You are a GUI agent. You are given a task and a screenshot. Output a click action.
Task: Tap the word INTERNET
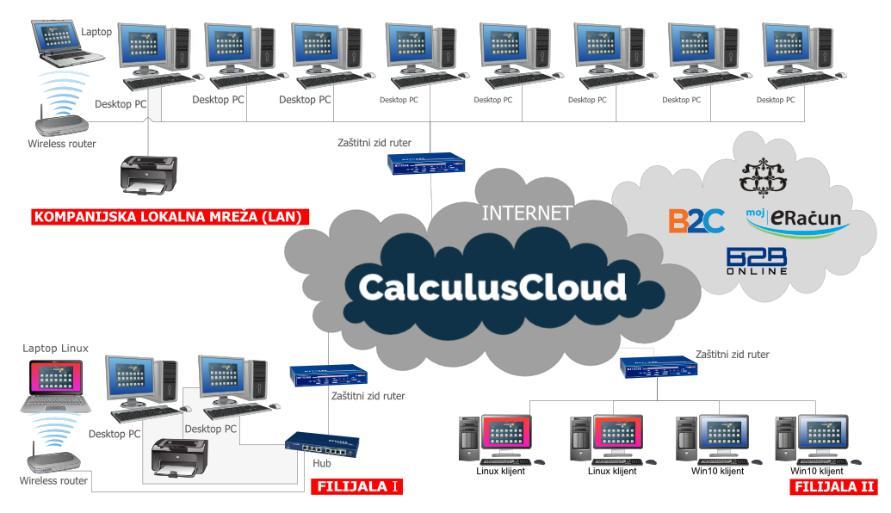click(527, 213)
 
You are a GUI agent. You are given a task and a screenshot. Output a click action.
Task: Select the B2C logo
click(696, 220)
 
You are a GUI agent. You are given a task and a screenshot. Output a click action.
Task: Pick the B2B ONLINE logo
click(757, 261)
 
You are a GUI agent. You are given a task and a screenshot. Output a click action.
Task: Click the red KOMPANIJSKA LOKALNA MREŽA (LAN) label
click(169, 217)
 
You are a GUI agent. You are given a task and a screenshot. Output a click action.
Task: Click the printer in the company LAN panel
click(149, 174)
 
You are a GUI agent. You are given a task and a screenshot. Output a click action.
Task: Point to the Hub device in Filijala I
click(322, 444)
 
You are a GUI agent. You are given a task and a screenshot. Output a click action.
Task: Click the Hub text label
click(322, 464)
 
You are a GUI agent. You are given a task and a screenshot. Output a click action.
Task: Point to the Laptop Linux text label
click(56, 349)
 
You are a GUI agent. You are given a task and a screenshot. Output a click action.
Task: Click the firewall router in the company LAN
click(426, 164)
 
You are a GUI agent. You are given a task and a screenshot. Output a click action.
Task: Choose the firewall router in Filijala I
click(328, 376)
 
